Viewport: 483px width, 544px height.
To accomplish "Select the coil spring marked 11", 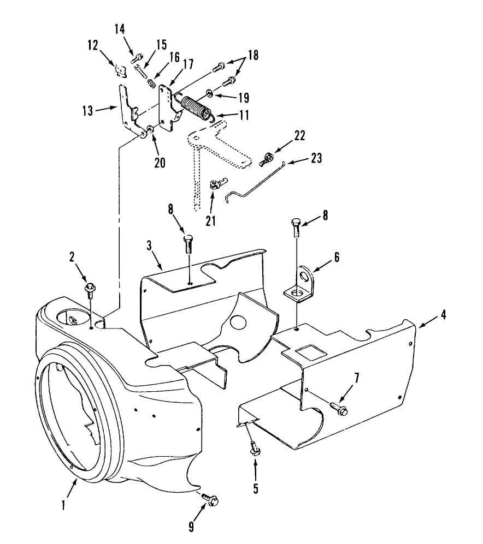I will coord(195,105).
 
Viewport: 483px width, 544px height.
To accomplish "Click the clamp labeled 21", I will coord(215,185).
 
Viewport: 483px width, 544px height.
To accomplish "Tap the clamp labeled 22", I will coord(266,159).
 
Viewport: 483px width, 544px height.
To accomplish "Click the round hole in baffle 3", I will coord(237,322).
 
